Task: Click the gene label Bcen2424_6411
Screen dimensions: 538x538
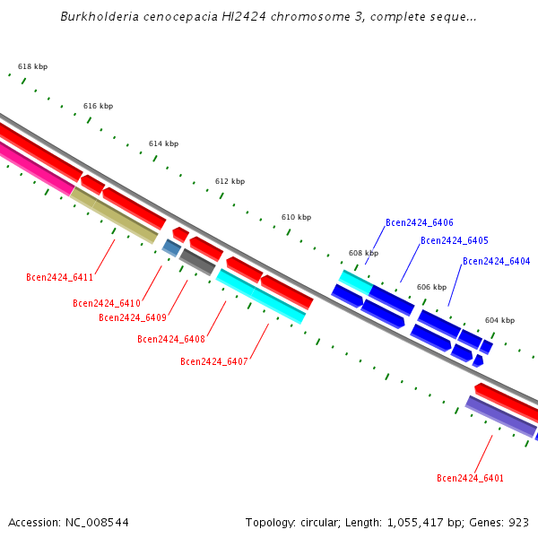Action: (60, 278)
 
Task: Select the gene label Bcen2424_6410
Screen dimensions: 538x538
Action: (107, 304)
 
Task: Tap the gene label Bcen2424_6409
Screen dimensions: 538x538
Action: (133, 317)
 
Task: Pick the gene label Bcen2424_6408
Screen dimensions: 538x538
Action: (171, 339)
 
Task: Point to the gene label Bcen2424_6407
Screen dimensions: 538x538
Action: (214, 362)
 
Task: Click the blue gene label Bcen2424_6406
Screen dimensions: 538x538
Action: (420, 223)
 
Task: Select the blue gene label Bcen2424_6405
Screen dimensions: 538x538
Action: (455, 241)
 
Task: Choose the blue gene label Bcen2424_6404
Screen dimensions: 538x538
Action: (497, 262)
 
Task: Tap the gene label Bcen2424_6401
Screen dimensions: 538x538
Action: (471, 479)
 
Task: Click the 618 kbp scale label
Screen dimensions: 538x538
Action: (33, 67)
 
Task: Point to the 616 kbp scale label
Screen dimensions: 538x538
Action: (99, 106)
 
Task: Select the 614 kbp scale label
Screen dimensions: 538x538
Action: (164, 144)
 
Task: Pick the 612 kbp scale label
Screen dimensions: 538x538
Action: (230, 181)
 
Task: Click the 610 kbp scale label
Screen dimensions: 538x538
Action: (297, 218)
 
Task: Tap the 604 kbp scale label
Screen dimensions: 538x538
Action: (500, 320)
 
